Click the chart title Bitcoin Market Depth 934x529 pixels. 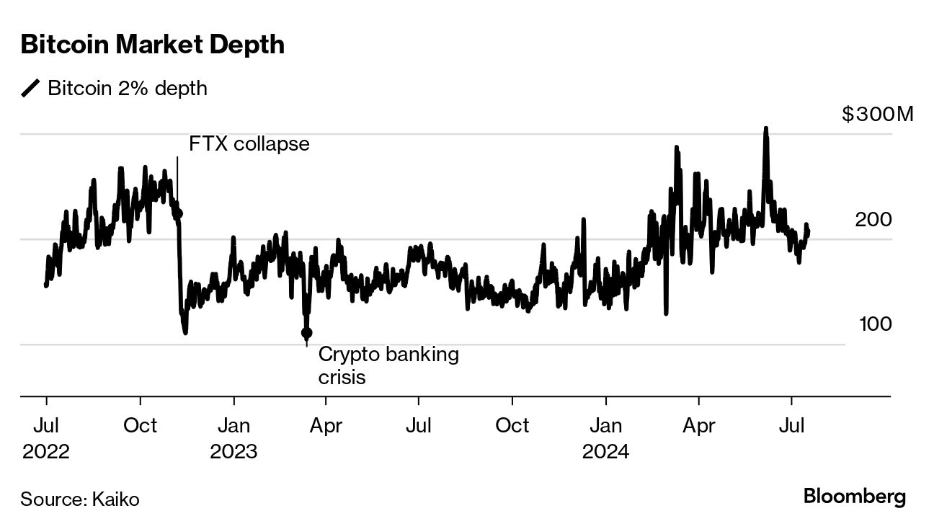[x=153, y=45]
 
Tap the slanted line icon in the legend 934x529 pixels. [x=31, y=88]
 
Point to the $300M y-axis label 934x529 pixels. [x=877, y=115]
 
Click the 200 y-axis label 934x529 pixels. [x=873, y=220]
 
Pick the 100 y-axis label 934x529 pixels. [x=875, y=324]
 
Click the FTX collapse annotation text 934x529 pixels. [x=249, y=143]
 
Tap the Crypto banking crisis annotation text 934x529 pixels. [x=388, y=365]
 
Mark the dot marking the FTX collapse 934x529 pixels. [x=178, y=213]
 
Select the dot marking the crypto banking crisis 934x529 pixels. [x=306, y=333]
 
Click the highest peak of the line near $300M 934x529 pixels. [x=765, y=130]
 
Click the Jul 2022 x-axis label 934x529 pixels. [x=46, y=438]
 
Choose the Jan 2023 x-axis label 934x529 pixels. [x=233, y=438]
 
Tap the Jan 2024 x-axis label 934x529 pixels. [x=606, y=438]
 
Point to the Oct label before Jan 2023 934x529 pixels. [x=140, y=425]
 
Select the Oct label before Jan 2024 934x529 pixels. [x=512, y=425]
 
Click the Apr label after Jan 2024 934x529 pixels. [x=698, y=425]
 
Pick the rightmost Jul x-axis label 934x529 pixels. [x=792, y=425]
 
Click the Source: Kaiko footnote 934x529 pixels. [x=79, y=499]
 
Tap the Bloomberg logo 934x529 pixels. [x=854, y=497]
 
